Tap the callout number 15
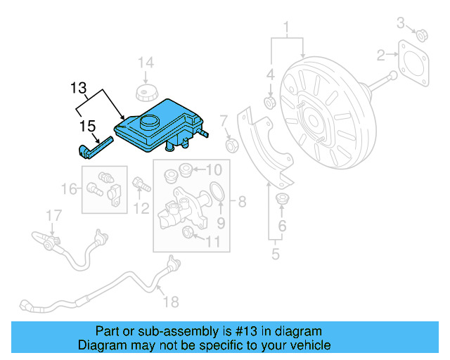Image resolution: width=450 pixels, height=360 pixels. pos(87,127)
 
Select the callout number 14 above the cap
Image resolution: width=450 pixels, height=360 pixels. pos(145,63)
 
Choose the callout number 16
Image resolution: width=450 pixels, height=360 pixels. pos(69,188)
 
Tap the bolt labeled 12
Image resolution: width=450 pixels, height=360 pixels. pos(139,185)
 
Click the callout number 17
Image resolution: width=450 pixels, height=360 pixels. pos(54,214)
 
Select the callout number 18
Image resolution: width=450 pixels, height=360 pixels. pos(171,302)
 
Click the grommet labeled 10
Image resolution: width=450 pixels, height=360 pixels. pos(186,169)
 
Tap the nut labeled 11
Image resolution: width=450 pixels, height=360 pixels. pos(188,233)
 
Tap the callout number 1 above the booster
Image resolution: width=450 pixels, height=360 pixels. pos(287,28)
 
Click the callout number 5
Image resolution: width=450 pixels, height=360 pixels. pos(276,254)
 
